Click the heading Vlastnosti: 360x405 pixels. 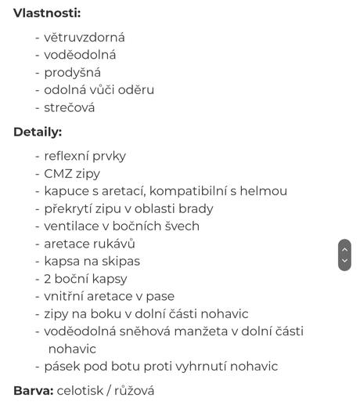coord(47,13)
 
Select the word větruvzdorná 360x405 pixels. coord(85,37)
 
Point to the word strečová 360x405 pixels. coord(69,107)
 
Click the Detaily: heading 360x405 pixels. coord(38,132)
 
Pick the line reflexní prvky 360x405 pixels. coord(85,156)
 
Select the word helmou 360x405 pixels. coord(267,191)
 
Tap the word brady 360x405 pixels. coord(195,208)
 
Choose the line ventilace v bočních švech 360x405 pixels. coord(121,226)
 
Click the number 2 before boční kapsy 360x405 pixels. coord(47,279)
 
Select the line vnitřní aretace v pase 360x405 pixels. coord(109,296)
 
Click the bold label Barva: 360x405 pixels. coord(33,390)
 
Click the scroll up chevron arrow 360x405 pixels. coord(344,248)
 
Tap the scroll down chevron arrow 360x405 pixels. coord(344,261)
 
